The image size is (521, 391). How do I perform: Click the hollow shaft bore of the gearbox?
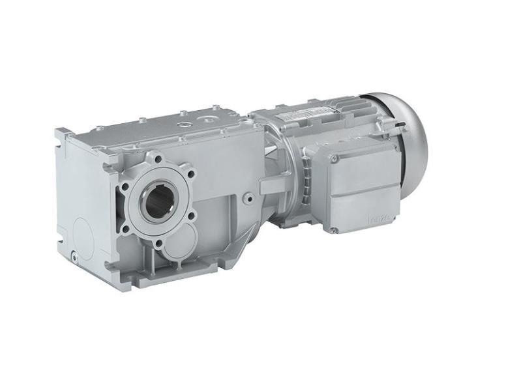pos(157,204)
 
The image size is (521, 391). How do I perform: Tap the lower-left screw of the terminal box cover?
pos(334,229)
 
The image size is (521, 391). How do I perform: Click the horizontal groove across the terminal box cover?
pos(365,190)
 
